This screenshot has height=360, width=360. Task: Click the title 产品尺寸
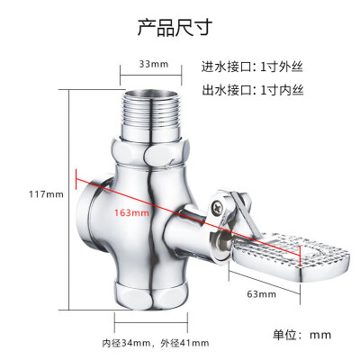[x=175, y=27]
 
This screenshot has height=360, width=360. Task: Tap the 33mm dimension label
[x=154, y=64]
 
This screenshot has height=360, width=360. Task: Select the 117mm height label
[x=46, y=194]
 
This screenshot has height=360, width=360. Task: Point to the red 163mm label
[x=131, y=212]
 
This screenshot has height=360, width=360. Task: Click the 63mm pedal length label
[x=261, y=293]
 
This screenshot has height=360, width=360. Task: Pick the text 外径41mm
[x=184, y=343]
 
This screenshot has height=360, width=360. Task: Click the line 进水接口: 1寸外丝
[x=252, y=67]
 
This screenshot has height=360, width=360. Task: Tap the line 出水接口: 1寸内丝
[x=253, y=90]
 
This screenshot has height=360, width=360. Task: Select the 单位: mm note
[x=302, y=335]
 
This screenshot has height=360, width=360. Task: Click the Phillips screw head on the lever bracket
[x=217, y=207]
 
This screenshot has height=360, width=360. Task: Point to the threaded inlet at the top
[x=151, y=113]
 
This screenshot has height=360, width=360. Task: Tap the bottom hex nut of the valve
[x=151, y=296]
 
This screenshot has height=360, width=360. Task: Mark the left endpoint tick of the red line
[x=76, y=179]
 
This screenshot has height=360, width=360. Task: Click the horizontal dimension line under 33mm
[x=151, y=76]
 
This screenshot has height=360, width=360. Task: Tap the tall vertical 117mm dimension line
[x=69, y=200]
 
